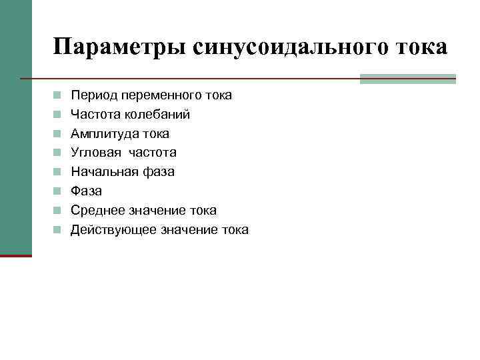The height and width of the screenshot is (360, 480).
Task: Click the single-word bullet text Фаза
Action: tap(87, 191)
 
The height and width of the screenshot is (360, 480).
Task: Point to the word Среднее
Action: tap(97, 211)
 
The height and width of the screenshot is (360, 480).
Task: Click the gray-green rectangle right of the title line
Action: tap(407, 79)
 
